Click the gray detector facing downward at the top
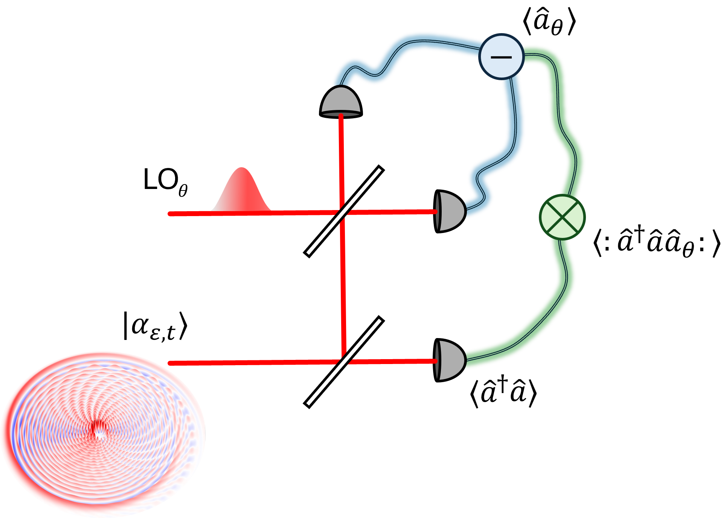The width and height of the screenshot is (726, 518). pos(341,101)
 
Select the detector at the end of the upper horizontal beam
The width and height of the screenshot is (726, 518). pos(450,211)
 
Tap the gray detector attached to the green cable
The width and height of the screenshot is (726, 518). pos(450,360)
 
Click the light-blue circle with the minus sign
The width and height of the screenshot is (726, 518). pos(501,56)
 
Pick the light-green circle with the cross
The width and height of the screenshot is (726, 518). pos(562,217)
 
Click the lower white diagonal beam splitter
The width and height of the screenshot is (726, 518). pos(344,362)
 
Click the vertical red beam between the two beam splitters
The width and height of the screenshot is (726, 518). pos(343,286)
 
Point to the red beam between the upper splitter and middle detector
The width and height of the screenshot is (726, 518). pos(392,212)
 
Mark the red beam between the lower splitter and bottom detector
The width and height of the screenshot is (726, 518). pos(392,361)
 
